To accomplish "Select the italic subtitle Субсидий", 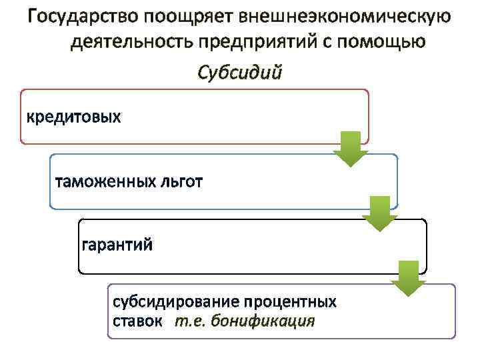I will tap(240, 71).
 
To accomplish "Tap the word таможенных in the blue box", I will tap(104, 181).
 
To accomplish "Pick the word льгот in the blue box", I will tap(179, 181).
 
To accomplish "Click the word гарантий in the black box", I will tap(117, 245).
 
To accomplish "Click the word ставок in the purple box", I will tap(137, 321).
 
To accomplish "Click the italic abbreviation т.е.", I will tap(190, 321).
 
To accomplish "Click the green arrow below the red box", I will tap(351, 149).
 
